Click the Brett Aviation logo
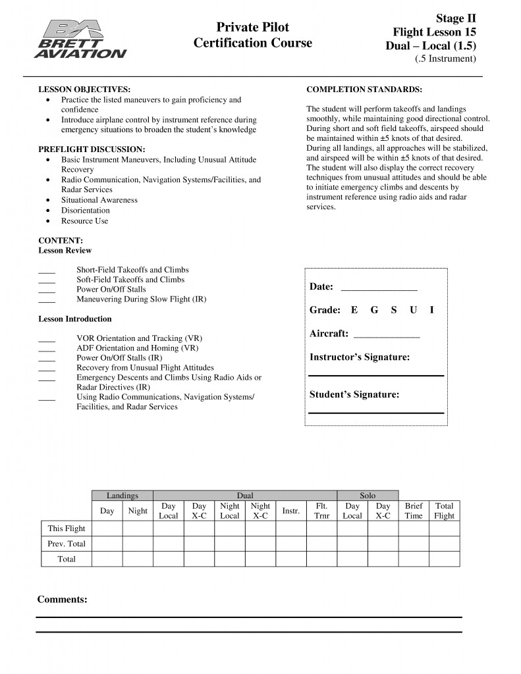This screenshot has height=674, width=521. pos(83,39)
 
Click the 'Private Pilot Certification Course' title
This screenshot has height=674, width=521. pos(253,36)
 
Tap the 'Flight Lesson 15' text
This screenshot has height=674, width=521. pos(434,32)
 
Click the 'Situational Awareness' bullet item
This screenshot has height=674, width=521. pos(99,200)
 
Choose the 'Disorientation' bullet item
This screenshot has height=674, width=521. pos(86,211)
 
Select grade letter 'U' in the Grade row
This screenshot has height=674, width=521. pos(413,310)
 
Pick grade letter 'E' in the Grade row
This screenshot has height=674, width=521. pos(354,310)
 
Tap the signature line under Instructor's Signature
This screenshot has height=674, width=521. pos(376,375)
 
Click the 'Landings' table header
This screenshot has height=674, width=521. pos(123,496)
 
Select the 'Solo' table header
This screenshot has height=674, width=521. pos(368,496)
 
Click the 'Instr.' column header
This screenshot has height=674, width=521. pos(291,511)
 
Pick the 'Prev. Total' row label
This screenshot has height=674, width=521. pos(67,544)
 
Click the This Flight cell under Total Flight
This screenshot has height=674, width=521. pos(445,529)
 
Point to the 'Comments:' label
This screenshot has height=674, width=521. pos(62,600)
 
